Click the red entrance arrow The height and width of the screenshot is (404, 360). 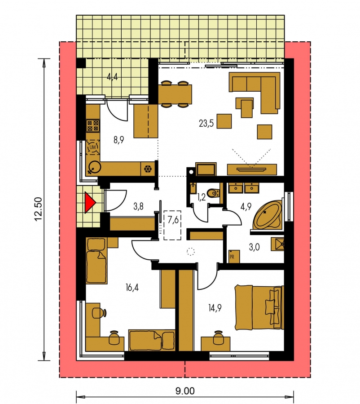tap(89, 203)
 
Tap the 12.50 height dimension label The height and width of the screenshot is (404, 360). tap(38, 209)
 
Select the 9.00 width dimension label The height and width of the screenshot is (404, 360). tap(185, 391)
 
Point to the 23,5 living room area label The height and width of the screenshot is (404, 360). tap(206, 123)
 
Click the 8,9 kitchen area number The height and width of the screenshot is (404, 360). tap(119, 140)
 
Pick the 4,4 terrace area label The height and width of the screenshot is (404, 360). tap(113, 76)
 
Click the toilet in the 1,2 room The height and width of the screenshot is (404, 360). tap(213, 193)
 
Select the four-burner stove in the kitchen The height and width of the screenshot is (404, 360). tap(92, 125)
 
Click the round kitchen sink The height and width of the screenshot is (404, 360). tap(94, 167)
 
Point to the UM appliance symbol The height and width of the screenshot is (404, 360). tap(92, 147)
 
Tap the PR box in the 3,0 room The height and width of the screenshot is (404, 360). tap(234, 257)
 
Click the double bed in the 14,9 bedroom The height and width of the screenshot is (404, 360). tap(259, 307)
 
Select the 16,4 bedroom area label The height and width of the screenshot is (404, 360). tap(132, 287)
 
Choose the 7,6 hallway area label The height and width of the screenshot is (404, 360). tap(173, 220)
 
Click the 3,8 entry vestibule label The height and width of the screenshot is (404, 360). tap(138, 206)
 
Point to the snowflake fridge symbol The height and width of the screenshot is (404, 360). tap(148, 169)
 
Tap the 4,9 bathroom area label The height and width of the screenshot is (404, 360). tap(246, 206)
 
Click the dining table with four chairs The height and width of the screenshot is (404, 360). tap(175, 94)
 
